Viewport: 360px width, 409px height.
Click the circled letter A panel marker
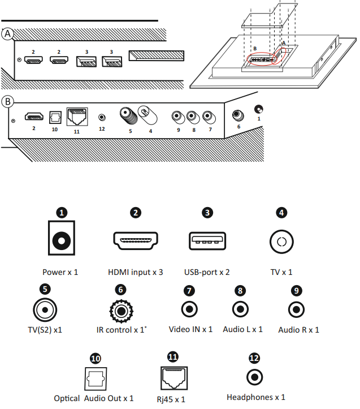7,33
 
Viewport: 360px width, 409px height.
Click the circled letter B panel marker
7,102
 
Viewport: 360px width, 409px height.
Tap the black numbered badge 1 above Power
62,213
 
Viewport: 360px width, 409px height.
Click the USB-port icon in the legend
207,242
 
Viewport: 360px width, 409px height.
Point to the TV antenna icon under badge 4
282,242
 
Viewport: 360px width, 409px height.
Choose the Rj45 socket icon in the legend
172,378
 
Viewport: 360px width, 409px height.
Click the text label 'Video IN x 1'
190,329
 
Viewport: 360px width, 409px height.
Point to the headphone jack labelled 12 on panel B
102,117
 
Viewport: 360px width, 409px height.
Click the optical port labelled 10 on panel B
55,116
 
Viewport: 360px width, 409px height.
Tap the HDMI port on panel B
34,117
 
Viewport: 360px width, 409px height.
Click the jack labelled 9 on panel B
177,117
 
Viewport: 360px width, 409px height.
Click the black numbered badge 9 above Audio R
296,290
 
